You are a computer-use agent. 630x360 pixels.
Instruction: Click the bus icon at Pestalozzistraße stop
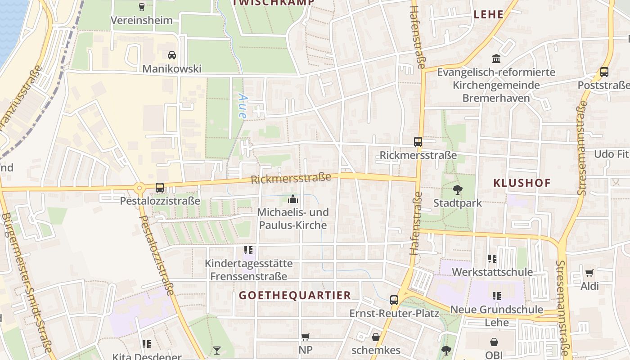pos(160,187)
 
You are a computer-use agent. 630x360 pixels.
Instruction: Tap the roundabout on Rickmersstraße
pos(139,188)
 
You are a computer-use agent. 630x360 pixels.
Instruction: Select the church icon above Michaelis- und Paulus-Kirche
pos(293,198)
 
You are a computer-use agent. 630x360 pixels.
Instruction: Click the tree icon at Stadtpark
pos(458,189)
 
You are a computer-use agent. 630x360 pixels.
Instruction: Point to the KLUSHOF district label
pos(522,183)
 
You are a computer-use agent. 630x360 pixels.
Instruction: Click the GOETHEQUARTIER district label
pos(295,295)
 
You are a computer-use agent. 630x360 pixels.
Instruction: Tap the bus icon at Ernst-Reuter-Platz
pos(394,300)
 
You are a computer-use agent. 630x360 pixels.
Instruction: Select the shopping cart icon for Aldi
pos(589,273)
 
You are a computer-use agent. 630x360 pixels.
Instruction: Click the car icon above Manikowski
pos(171,55)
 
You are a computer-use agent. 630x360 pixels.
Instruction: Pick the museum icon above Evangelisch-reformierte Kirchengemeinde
pos(496,58)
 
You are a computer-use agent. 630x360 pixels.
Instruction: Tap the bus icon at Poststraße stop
pos(604,72)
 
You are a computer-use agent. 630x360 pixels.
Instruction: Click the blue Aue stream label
pos(243,106)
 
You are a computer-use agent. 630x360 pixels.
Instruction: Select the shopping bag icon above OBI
pos(494,342)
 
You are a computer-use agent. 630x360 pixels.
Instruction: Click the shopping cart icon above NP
pos(306,337)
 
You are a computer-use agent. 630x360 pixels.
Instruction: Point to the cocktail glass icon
pos(217,350)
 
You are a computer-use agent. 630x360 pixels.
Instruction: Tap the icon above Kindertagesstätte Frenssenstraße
pos(248,250)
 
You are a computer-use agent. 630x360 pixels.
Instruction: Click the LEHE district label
pos(489,14)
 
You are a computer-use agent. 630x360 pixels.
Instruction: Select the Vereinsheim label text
pos(141,20)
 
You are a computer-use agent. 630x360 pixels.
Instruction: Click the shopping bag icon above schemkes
pos(376,337)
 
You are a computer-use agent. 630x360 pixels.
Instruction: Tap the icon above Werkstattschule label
pos(492,259)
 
